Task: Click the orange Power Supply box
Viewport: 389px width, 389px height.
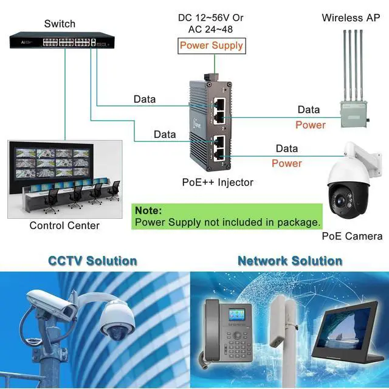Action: coord(212,45)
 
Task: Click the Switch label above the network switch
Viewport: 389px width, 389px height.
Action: coord(60,24)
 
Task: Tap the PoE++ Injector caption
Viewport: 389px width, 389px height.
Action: coord(218,182)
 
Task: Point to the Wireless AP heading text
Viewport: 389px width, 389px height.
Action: coord(351,18)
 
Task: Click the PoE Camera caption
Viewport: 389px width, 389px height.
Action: coord(352,236)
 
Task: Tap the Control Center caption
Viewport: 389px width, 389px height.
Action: coord(64,225)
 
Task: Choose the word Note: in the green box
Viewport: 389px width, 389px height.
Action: coord(148,210)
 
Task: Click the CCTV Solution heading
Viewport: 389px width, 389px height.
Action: coord(92,261)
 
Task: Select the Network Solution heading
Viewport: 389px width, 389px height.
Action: coord(289,261)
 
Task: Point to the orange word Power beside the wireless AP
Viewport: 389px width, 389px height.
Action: coord(311,125)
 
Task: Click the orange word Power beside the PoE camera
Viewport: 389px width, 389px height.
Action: coord(286,163)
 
